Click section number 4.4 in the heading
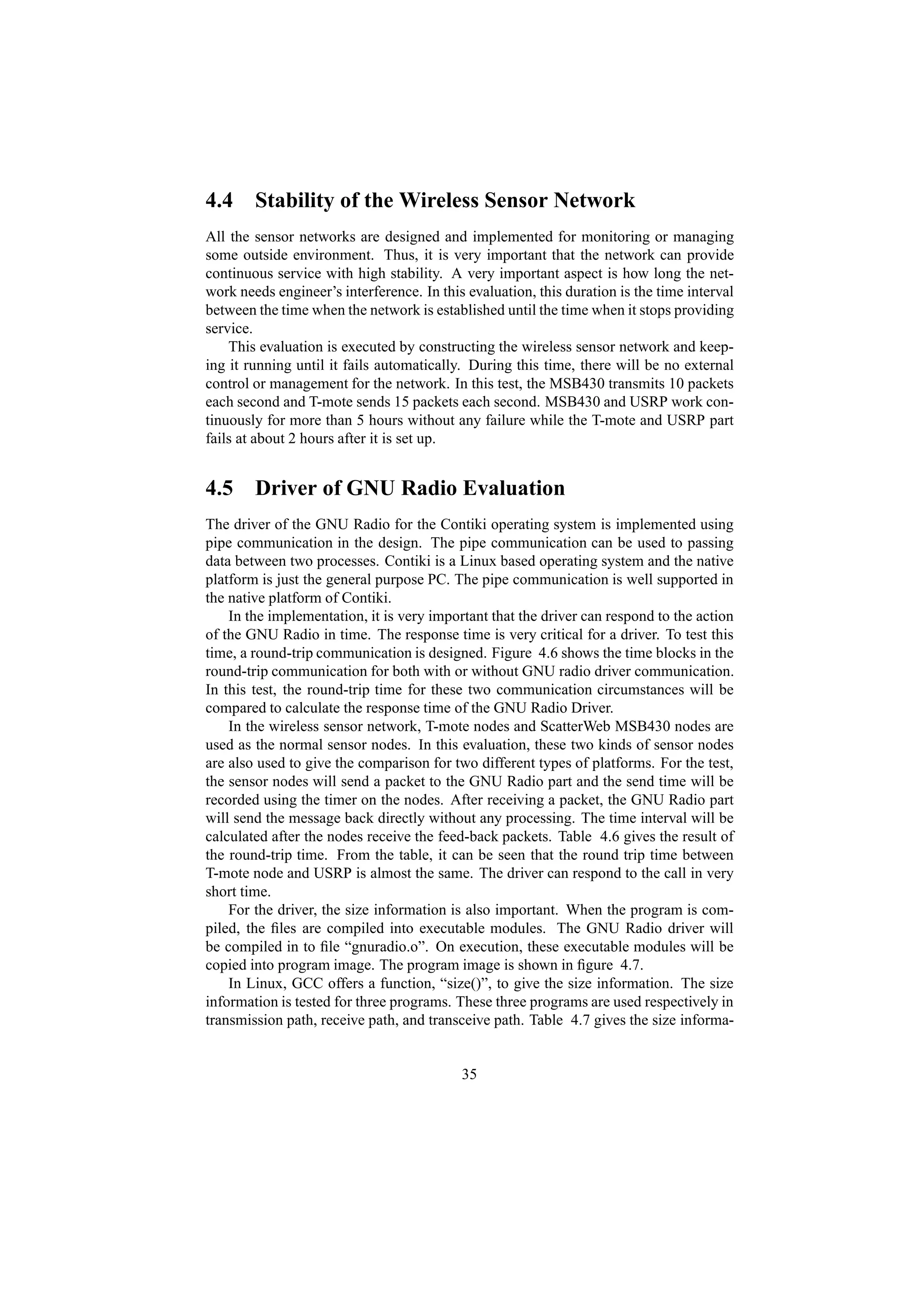pos(219,200)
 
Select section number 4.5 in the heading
pos(219,488)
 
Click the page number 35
pos(469,1074)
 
